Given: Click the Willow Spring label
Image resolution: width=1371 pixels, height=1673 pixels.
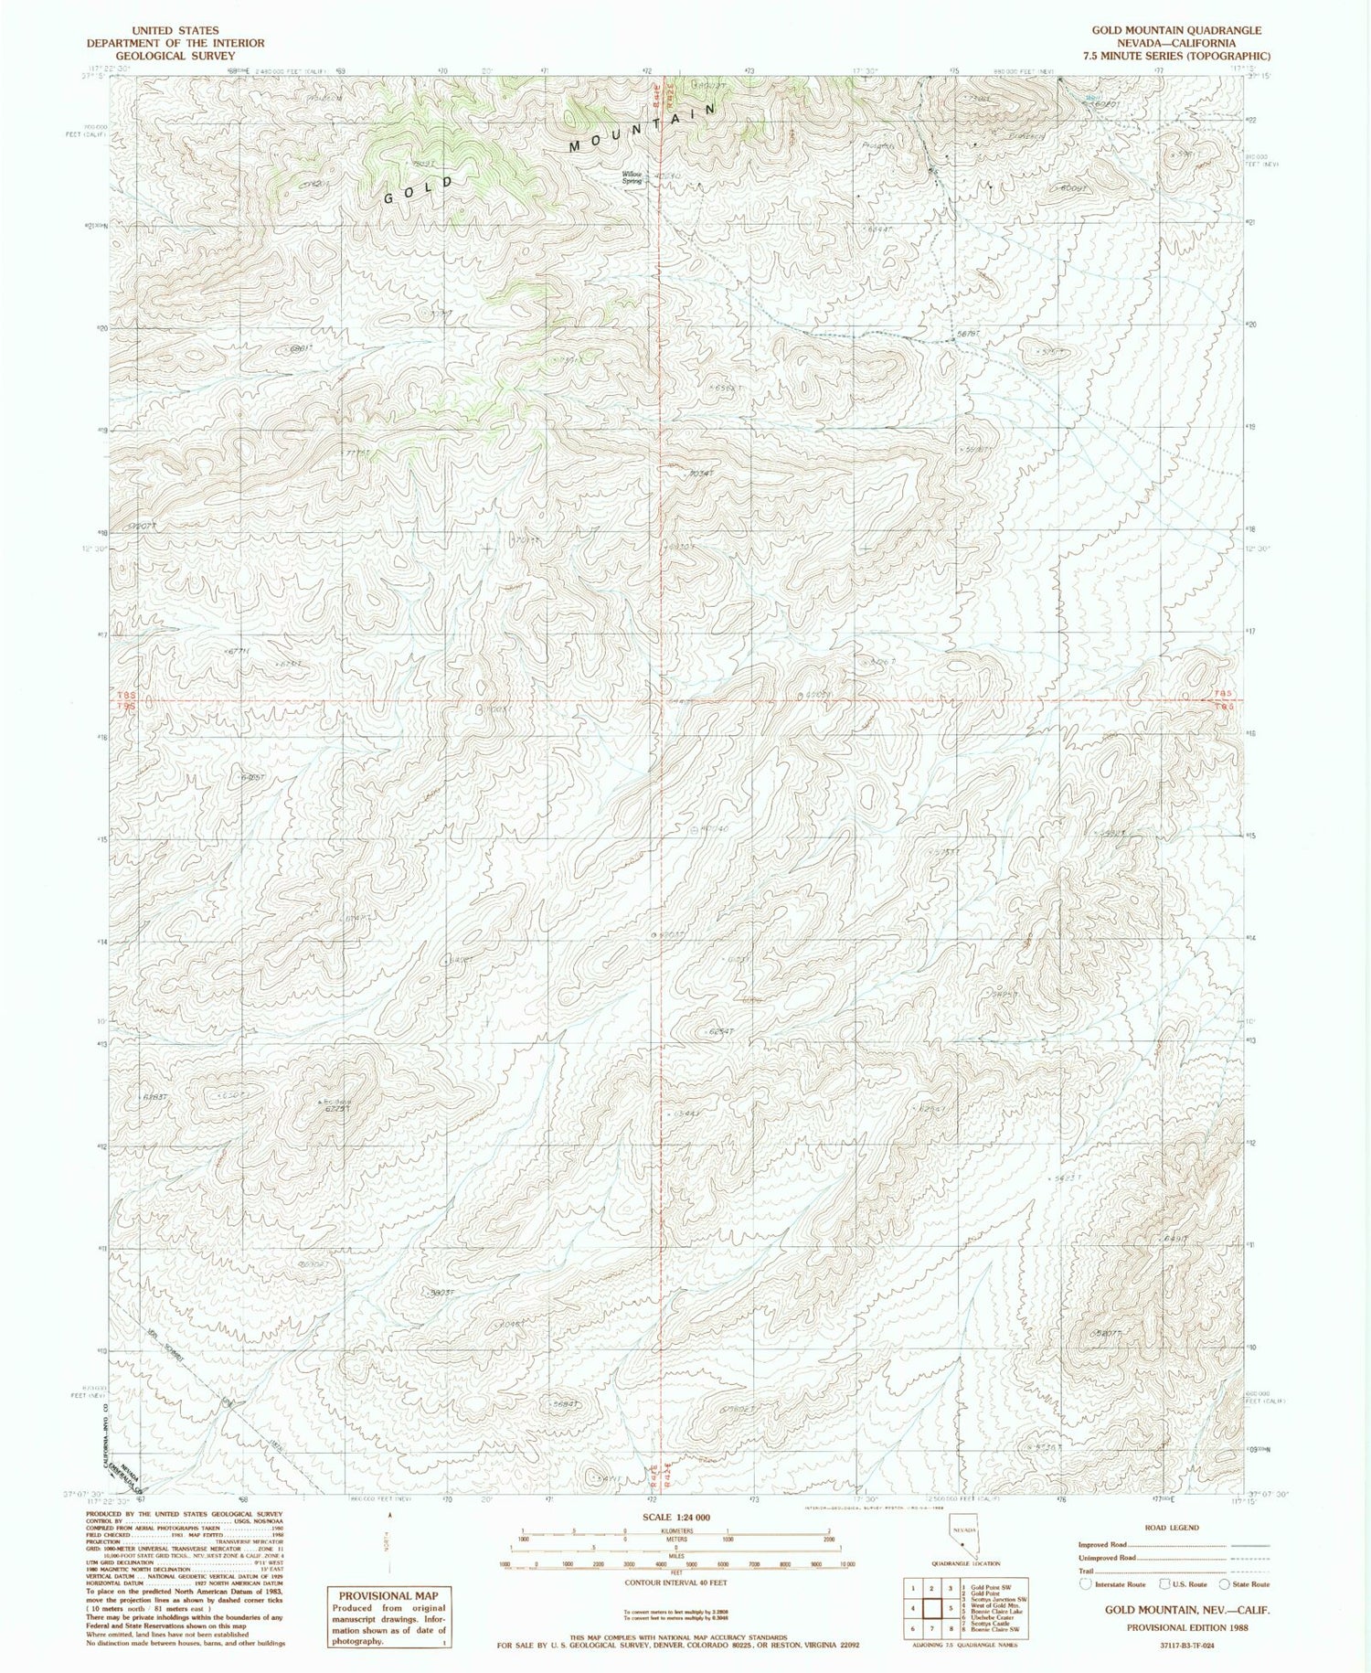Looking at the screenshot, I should (632, 176).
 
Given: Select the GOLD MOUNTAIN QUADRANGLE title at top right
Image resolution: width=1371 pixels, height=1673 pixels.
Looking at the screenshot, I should (1175, 30).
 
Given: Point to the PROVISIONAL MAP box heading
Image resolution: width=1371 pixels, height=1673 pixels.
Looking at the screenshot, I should (388, 1595).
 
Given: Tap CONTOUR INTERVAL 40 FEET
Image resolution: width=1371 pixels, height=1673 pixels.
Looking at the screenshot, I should (676, 1582).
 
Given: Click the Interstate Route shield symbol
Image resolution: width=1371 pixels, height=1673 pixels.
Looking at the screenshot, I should (1085, 1583).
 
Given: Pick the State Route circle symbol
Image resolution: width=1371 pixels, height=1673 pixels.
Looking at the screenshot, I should (1223, 1583).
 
